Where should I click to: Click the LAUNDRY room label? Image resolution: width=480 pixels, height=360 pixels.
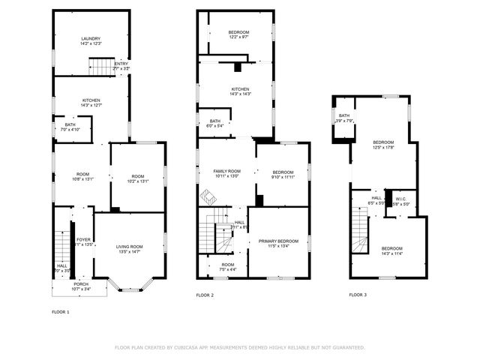(91, 39)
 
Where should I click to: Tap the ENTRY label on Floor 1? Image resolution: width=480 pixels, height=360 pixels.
(121, 64)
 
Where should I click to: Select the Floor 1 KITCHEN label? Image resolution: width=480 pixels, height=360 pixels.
(91, 100)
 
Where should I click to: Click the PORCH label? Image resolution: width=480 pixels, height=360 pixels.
(80, 284)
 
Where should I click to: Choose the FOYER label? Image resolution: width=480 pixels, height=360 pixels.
(82, 240)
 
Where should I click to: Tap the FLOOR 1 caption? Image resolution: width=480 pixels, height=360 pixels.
(60, 311)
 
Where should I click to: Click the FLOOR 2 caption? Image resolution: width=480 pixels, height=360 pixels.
(205, 295)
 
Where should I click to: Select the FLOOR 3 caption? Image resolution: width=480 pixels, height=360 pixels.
(358, 295)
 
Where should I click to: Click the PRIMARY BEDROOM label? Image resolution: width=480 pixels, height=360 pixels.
(278, 241)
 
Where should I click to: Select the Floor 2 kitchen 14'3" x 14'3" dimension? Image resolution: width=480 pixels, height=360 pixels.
(235, 94)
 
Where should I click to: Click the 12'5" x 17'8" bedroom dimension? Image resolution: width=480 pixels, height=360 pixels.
(383, 147)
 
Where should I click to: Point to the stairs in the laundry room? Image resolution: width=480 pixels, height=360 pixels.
(100, 67)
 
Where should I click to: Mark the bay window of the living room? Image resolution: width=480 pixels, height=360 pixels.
(127, 285)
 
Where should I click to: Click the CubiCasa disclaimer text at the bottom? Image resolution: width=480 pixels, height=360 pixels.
(240, 347)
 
